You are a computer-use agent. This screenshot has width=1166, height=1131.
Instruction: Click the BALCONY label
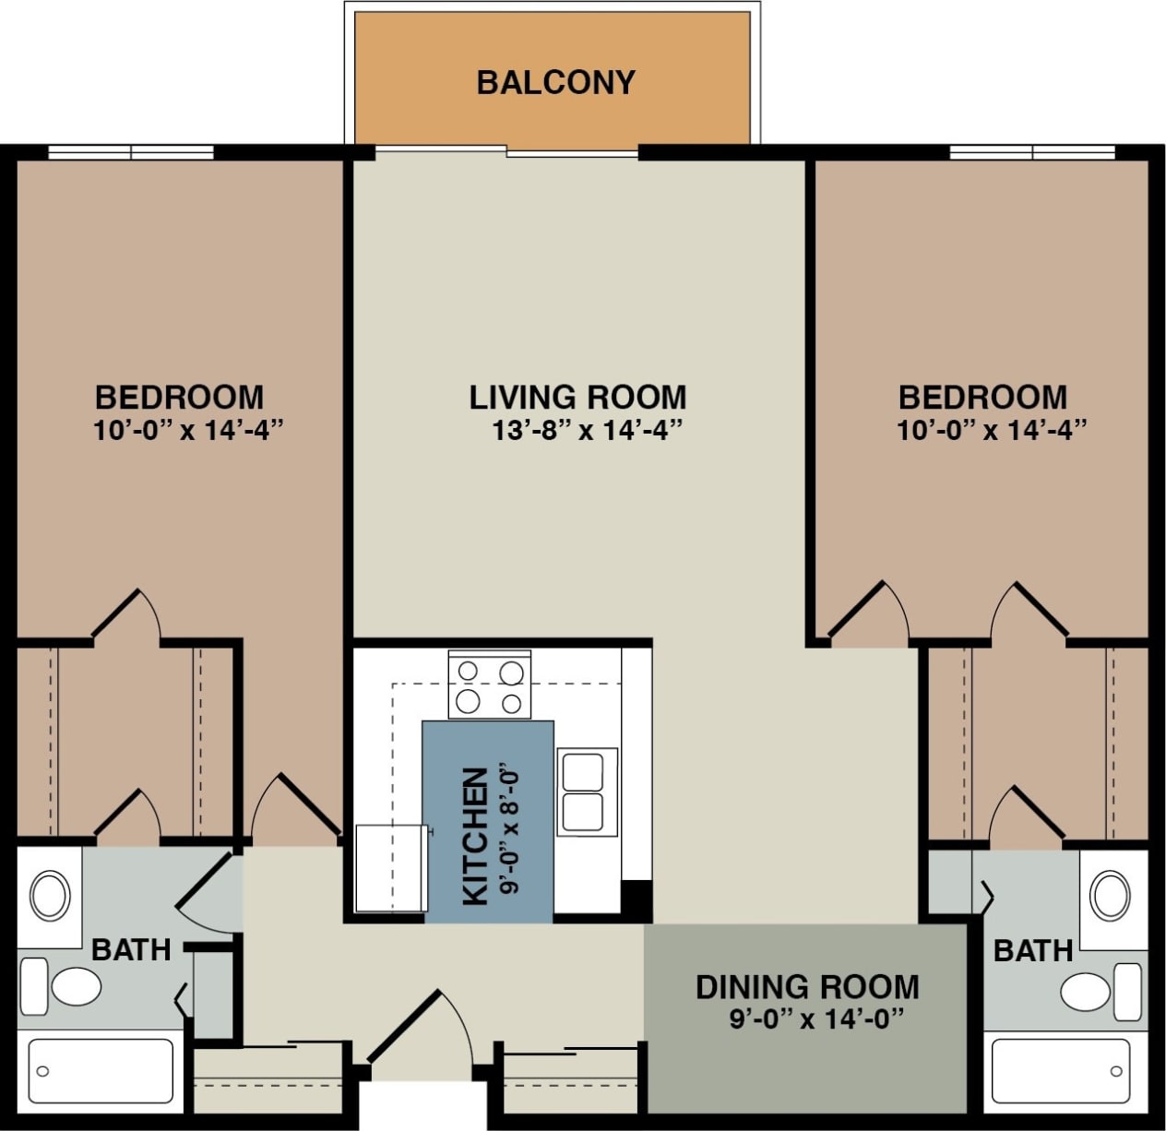(555, 82)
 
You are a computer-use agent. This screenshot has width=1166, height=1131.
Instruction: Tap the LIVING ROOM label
(577, 397)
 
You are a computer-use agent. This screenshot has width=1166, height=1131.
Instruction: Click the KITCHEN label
(474, 836)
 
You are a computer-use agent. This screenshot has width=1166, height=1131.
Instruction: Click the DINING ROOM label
(807, 986)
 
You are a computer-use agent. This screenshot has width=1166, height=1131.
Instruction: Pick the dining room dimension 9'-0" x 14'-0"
(815, 1019)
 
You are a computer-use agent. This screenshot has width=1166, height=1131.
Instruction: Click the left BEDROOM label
(179, 397)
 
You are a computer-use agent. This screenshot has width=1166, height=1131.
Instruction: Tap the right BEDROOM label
(982, 397)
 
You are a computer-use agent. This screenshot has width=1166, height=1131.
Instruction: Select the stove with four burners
(490, 685)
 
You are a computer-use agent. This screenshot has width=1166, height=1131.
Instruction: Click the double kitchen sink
(587, 792)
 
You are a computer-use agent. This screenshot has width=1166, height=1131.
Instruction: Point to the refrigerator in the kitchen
(389, 868)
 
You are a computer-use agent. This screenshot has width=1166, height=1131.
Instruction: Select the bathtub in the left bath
(101, 1070)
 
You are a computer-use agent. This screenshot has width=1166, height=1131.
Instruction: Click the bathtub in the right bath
(1060, 1071)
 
